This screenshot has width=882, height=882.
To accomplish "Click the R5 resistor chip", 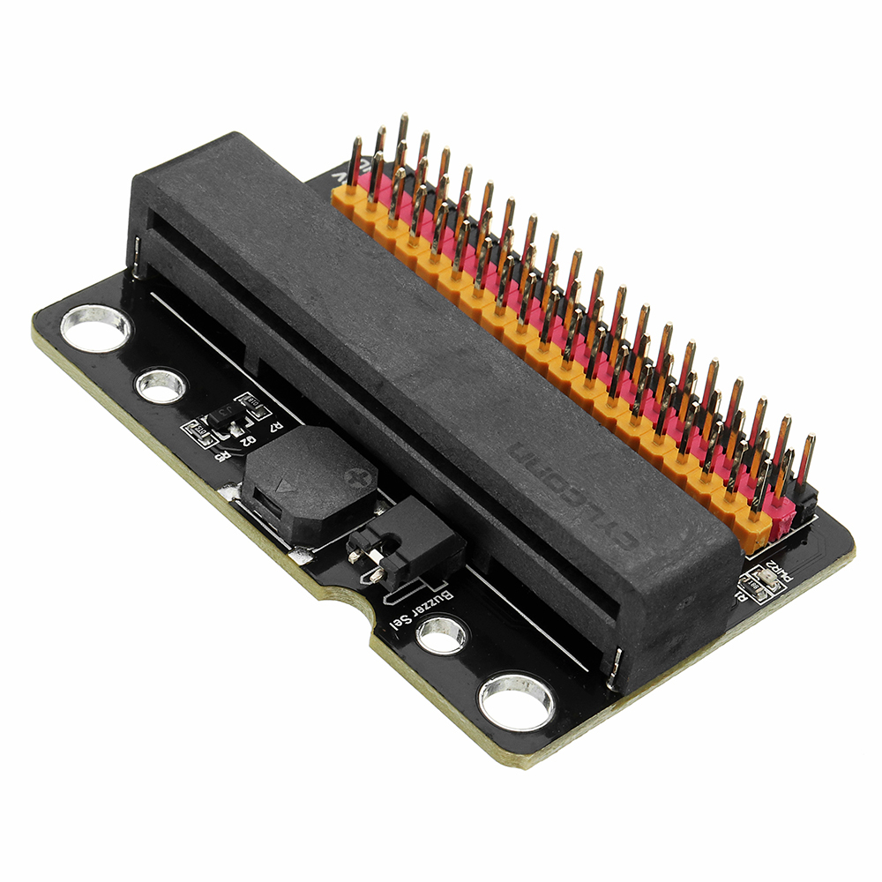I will pyautogui.click(x=195, y=432).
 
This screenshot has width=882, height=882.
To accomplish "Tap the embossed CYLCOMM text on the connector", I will pyautogui.click(x=572, y=494).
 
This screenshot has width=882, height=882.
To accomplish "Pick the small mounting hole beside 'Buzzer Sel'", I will pyautogui.click(x=441, y=634).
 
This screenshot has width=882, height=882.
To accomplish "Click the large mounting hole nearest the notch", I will pyautogui.click(x=517, y=701).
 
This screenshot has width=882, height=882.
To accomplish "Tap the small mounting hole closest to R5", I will pyautogui.click(x=161, y=385).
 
